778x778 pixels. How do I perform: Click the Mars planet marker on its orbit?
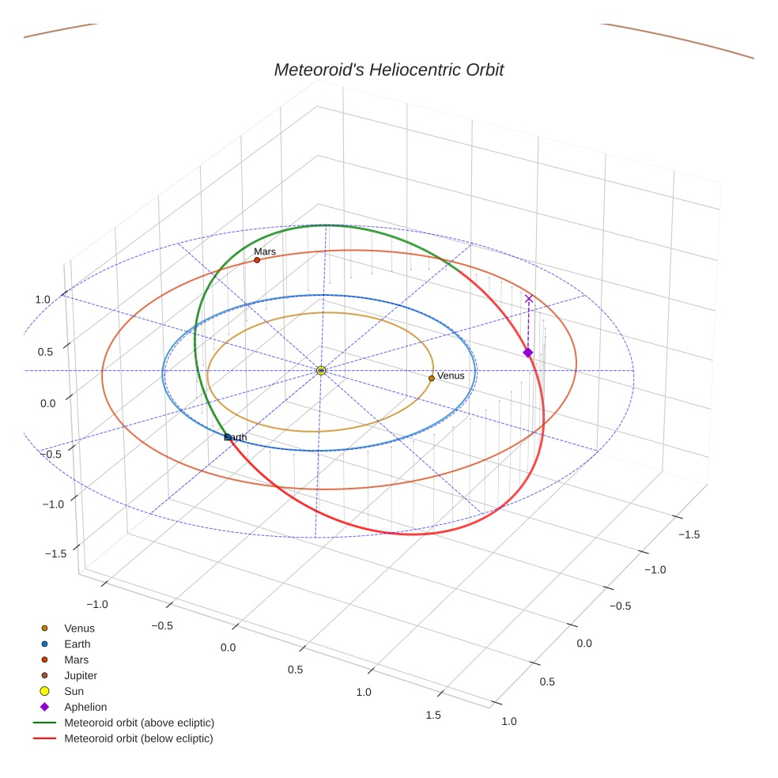click(x=257, y=260)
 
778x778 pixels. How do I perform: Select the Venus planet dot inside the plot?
click(x=432, y=378)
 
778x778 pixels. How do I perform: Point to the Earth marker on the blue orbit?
click(x=228, y=436)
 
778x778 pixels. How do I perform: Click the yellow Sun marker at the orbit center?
click(x=321, y=370)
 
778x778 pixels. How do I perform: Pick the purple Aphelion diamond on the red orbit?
click(x=528, y=353)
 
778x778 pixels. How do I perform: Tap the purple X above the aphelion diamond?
click(x=529, y=299)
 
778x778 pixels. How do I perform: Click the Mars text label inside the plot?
click(x=265, y=251)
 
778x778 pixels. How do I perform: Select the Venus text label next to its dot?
click(x=451, y=376)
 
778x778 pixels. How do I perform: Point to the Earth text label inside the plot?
click(x=236, y=437)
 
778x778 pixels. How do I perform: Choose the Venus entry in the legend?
click(x=79, y=629)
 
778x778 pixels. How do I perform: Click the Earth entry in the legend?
click(x=77, y=644)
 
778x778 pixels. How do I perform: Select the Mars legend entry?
click(x=77, y=660)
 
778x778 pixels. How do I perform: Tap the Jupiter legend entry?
click(x=81, y=676)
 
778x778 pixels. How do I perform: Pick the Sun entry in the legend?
click(x=74, y=692)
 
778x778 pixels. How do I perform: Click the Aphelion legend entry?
click(x=85, y=708)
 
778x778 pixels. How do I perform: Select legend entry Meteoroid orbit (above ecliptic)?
click(x=139, y=723)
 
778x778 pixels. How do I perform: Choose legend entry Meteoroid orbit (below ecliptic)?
click(x=138, y=738)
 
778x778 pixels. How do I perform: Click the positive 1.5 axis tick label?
click(x=433, y=715)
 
